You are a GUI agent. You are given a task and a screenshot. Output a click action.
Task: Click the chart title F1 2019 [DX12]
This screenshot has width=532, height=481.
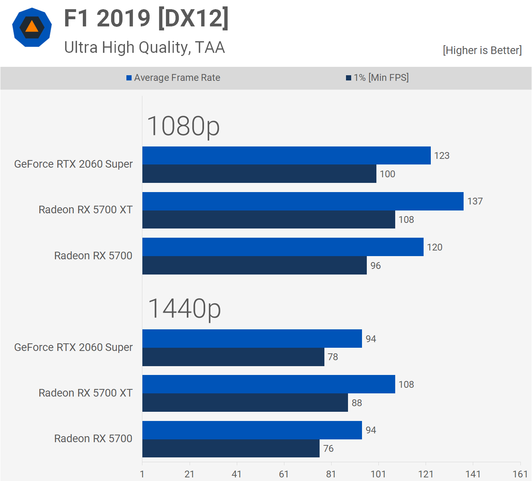click(146, 18)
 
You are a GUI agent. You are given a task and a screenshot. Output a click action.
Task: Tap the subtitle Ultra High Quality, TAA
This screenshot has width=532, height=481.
click(144, 47)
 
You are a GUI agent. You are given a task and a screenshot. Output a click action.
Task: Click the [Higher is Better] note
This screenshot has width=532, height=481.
click(482, 50)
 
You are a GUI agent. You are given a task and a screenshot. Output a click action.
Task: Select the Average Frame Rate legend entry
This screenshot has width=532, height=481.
click(173, 78)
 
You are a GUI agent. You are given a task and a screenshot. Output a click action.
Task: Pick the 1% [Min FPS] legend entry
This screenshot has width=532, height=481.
click(377, 78)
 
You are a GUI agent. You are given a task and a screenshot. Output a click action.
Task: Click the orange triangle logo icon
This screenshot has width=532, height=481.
click(32, 27)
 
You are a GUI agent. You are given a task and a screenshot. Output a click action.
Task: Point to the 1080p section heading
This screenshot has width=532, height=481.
click(183, 126)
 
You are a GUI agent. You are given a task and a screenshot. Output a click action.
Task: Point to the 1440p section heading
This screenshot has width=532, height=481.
click(184, 309)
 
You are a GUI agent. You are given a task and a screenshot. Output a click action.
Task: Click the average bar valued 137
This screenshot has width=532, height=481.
click(303, 201)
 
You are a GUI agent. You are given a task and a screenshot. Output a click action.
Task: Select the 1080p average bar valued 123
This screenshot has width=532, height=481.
click(286, 156)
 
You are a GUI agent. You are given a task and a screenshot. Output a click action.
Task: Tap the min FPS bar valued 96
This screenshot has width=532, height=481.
click(254, 265)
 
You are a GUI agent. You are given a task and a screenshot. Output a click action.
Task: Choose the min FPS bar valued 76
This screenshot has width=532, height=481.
click(231, 448)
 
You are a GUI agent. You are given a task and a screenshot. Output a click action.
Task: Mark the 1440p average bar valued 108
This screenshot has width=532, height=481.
click(268, 384)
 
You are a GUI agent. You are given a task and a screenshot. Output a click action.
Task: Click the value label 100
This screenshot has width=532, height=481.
click(387, 174)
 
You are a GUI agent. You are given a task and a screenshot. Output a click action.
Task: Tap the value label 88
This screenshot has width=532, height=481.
click(357, 403)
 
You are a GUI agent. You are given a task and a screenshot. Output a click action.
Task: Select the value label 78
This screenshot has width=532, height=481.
click(333, 357)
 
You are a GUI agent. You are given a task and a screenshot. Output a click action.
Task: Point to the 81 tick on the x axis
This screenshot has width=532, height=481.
click(331, 474)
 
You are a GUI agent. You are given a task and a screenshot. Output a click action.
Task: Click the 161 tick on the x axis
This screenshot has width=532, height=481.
click(520, 474)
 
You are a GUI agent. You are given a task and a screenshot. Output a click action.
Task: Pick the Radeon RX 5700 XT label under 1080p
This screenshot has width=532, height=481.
click(85, 210)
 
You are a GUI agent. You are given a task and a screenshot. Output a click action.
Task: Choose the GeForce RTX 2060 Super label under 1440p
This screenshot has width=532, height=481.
click(73, 347)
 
